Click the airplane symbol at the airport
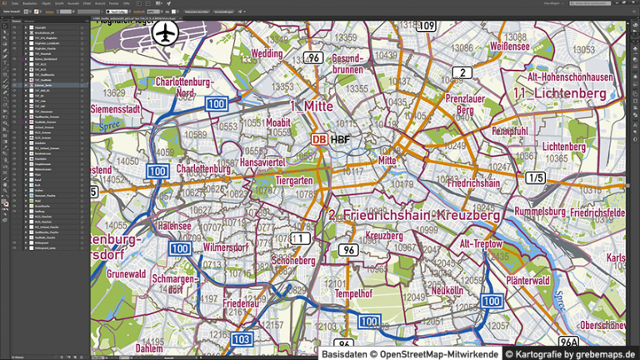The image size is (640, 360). [x=167, y=33]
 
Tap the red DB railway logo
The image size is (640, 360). [x=318, y=139]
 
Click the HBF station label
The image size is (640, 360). [x=340, y=139]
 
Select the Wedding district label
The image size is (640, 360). [x=267, y=53]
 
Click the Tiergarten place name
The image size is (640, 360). [x=294, y=180]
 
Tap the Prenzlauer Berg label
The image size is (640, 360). [x=459, y=104]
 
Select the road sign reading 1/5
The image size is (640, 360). [x=535, y=177]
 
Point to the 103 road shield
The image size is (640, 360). [x=242, y=339]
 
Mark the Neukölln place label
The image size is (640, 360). [x=447, y=290]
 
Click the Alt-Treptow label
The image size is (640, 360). [x=482, y=243]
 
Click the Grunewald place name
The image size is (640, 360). [x=127, y=272]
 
